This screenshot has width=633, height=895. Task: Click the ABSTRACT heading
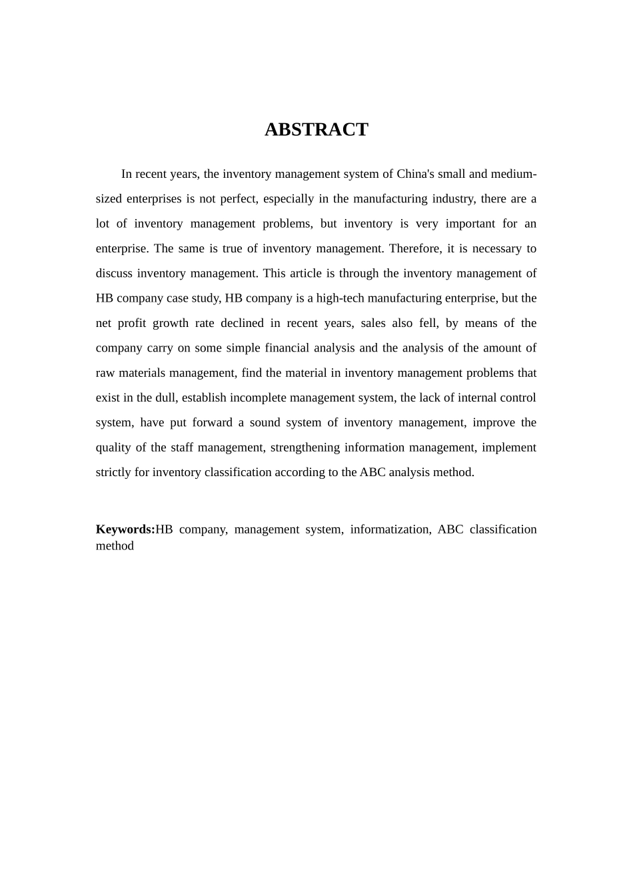pos(316,129)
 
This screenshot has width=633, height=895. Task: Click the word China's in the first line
pos(415,174)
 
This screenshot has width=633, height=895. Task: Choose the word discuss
pos(113,273)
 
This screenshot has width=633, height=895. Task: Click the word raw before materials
pos(105,373)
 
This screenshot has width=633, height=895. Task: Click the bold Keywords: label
pos(125,529)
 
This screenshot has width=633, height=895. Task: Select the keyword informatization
pos(390,529)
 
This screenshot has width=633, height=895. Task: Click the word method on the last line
pos(115,546)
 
